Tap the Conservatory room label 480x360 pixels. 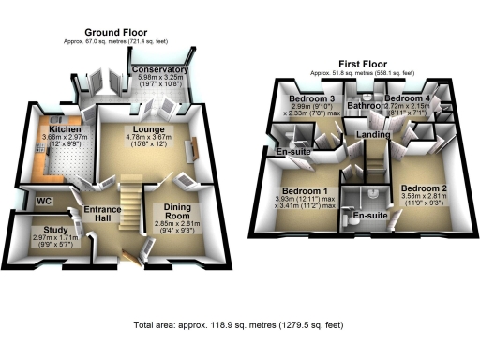(160, 70)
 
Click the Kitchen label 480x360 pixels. (60, 128)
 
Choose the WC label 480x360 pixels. (43, 202)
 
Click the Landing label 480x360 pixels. (374, 137)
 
